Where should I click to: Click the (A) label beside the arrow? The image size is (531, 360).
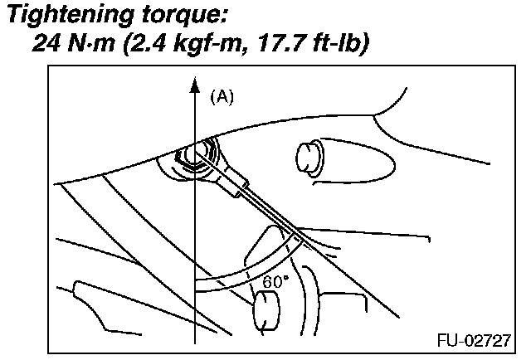pyautogui.click(x=222, y=97)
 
